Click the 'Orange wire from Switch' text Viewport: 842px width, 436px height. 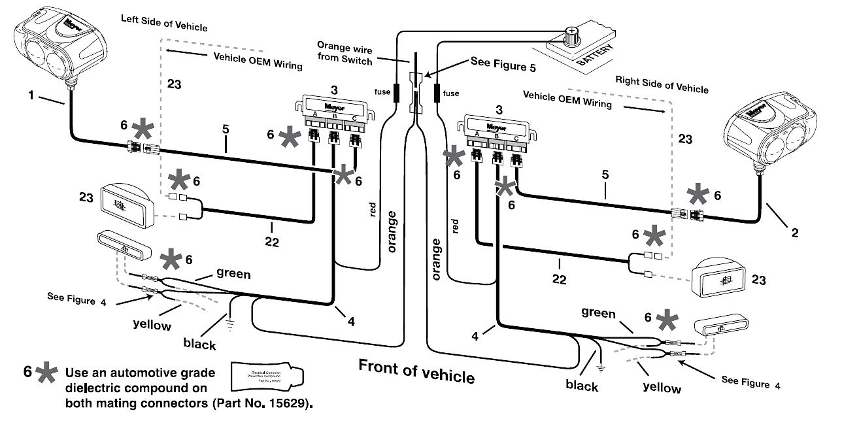click(345, 53)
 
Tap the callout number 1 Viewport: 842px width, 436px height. click(31, 96)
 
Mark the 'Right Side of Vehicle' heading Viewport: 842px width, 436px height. click(662, 85)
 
